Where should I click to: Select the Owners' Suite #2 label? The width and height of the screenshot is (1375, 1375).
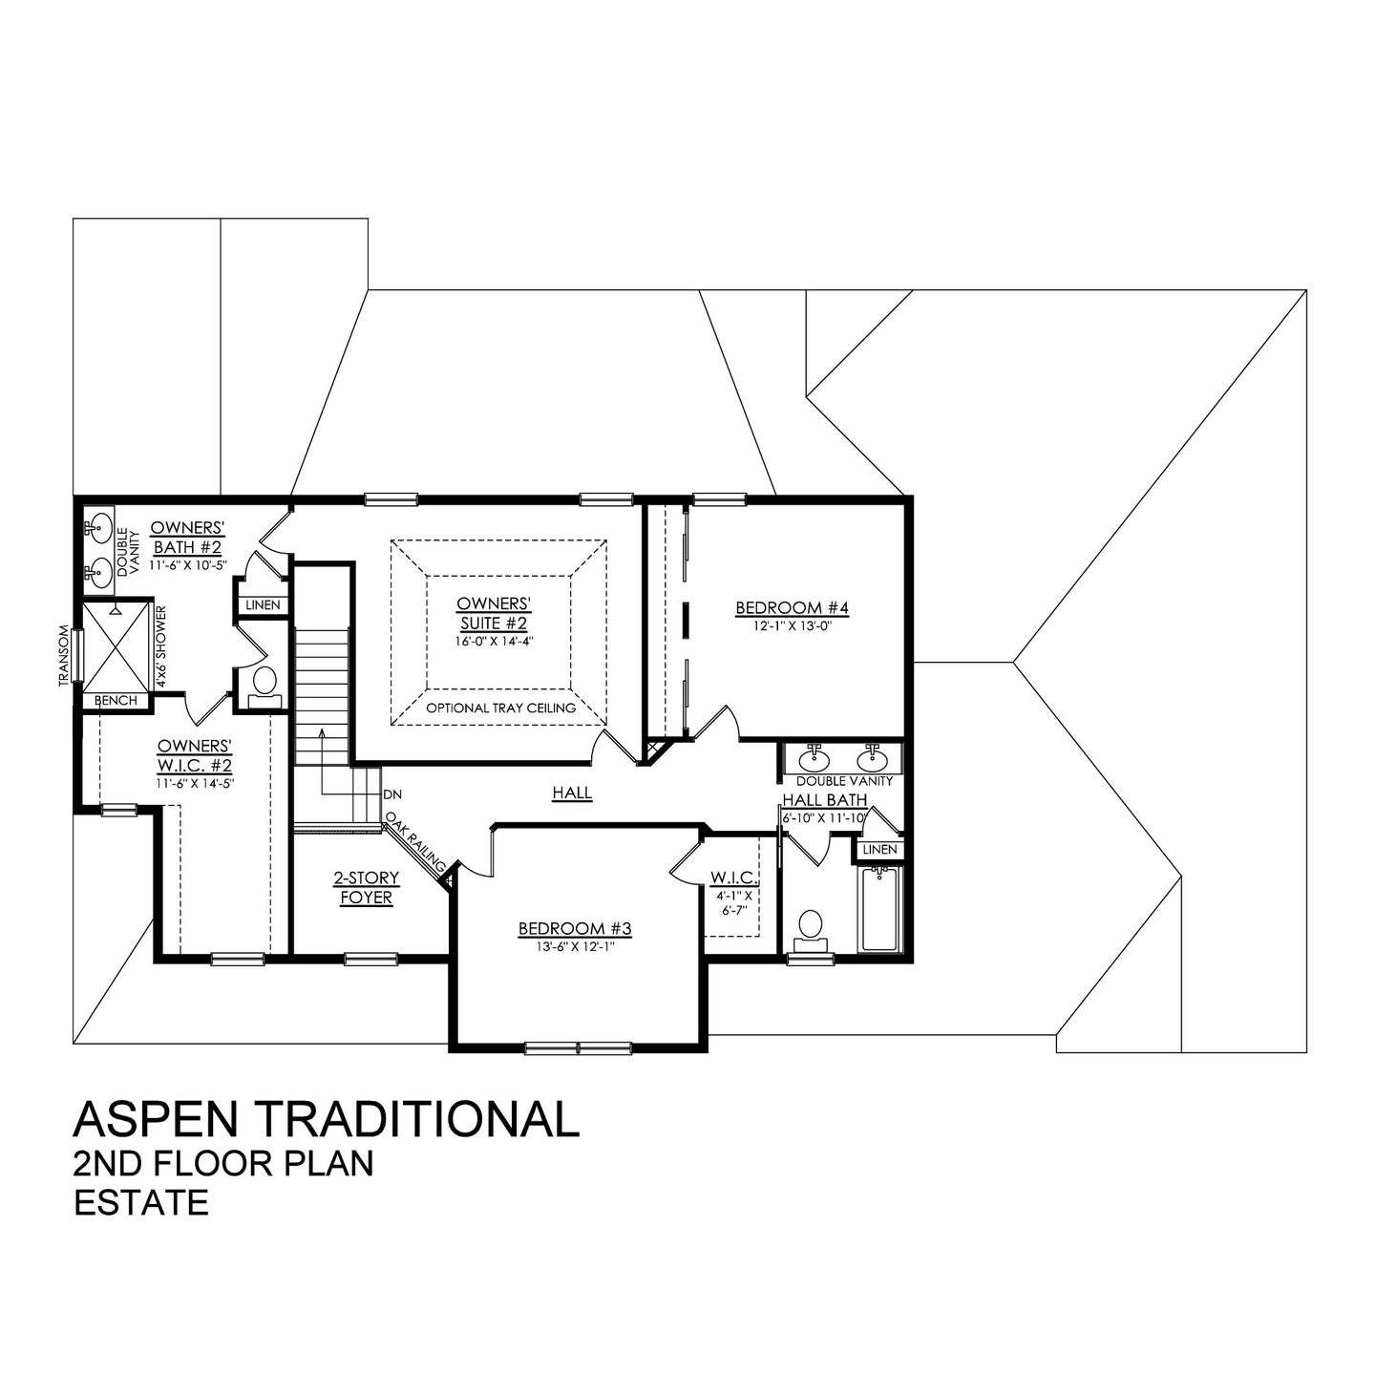pos(493,614)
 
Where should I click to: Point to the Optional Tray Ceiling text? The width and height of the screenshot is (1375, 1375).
pos(500,709)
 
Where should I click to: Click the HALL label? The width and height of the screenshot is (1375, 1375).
pos(572,793)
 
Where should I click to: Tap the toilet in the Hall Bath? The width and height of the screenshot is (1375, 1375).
pos(810,926)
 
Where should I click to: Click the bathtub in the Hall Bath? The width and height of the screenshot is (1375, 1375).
pos(878,909)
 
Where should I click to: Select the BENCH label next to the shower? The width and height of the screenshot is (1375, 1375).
pos(116,701)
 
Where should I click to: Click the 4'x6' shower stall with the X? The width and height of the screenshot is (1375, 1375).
pos(112,645)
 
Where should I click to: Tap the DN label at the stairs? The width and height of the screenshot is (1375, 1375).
pos(391,794)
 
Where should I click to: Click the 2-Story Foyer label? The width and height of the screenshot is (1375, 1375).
pos(366,888)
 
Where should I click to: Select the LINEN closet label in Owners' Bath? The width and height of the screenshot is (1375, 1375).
pos(263,605)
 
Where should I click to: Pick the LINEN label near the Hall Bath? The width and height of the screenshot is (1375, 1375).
pos(878,849)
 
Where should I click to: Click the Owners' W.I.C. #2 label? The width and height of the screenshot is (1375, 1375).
pos(195,754)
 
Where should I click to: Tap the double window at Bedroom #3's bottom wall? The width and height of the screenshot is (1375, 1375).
pos(579,1047)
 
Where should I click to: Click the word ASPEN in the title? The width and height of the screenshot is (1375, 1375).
pos(155,1118)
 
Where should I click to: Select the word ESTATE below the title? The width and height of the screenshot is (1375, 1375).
pos(141,1202)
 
